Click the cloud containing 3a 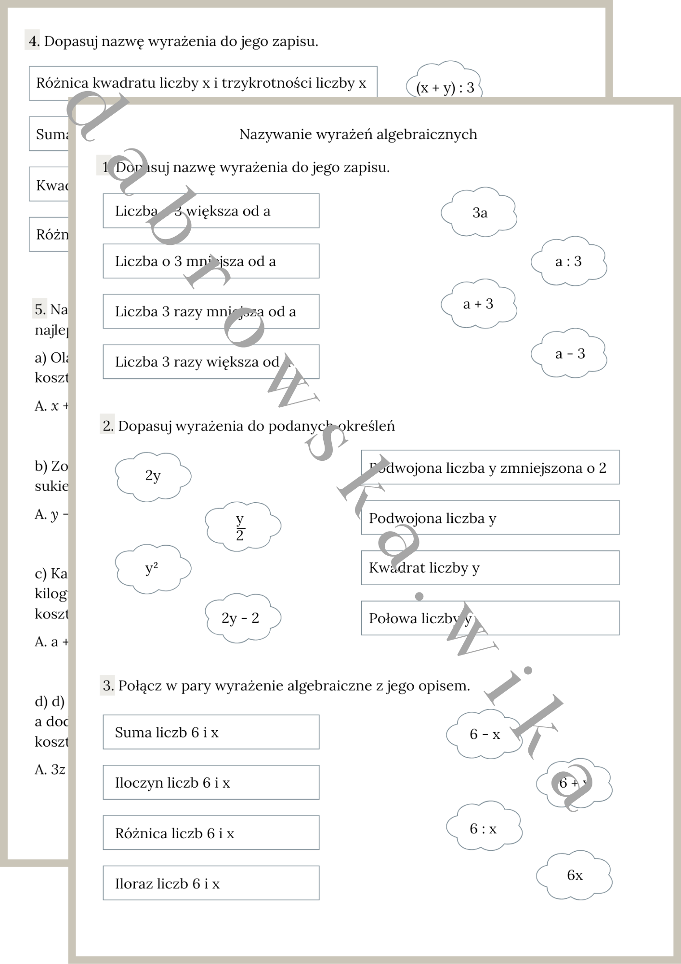[x=479, y=213]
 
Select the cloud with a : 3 [x=569, y=261]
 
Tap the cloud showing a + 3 [x=479, y=304]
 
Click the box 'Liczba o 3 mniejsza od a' [x=211, y=261]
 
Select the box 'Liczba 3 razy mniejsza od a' [x=211, y=311]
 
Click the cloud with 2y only [x=153, y=476]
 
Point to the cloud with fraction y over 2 [x=243, y=526]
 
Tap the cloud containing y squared [x=153, y=569]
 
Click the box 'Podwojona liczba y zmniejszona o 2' [x=490, y=468]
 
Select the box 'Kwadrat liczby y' [x=490, y=568]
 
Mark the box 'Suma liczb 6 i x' [x=211, y=732]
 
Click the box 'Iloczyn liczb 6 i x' [x=211, y=782]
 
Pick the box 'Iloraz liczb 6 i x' [x=211, y=884]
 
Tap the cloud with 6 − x [x=484, y=734]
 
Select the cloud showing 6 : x [x=484, y=829]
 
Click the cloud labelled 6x [x=574, y=875]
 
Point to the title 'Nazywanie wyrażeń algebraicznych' [x=358, y=134]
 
